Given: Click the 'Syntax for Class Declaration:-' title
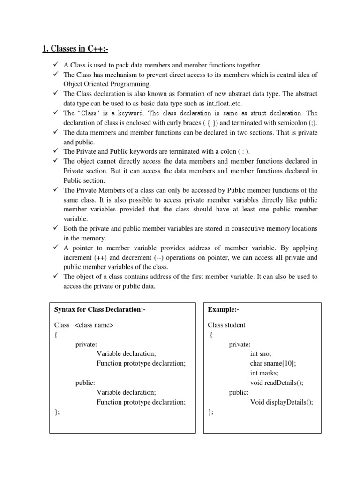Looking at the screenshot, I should [97, 309].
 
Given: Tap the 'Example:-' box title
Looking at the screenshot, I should [224, 309].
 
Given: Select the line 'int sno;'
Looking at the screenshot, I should [261, 354].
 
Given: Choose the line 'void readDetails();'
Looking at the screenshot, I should [277, 382].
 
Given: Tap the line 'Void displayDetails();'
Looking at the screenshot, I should [282, 402].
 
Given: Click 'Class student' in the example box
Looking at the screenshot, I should [226, 325].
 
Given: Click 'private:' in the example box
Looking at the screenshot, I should [240, 345].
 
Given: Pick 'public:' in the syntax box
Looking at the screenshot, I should [85, 382].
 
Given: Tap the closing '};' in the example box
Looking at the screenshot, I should [210, 412].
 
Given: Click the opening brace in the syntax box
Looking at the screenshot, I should [56, 335].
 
